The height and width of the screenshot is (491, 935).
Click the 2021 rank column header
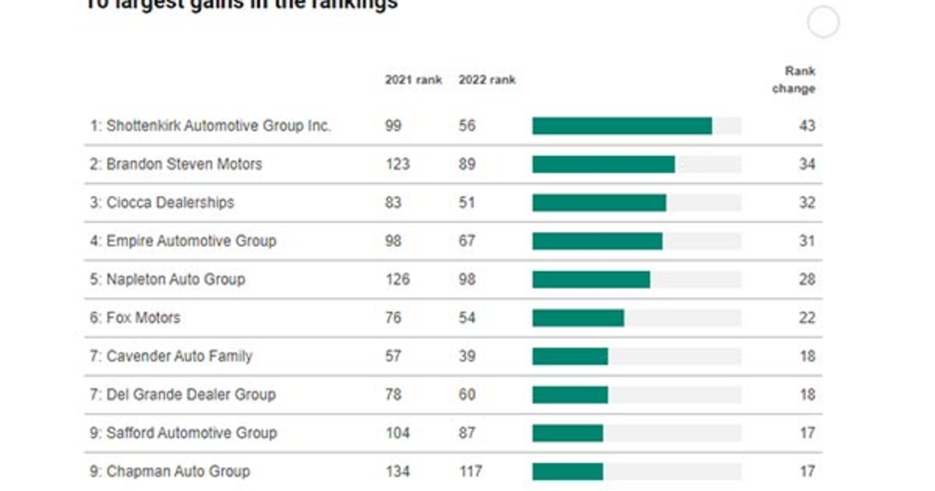tap(413, 79)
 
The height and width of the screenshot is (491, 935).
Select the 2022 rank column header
tap(487, 79)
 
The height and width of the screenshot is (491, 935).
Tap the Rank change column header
tap(794, 79)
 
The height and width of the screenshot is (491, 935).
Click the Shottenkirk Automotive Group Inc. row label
tap(210, 125)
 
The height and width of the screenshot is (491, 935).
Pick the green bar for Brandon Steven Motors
tap(603, 164)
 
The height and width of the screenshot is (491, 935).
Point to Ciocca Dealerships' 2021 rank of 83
tap(393, 203)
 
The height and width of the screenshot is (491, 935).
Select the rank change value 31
tap(806, 241)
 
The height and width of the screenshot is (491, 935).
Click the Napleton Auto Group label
tap(168, 279)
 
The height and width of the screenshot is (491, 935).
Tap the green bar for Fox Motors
tap(578, 318)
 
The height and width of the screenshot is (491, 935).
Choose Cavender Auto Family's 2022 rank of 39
tap(467, 356)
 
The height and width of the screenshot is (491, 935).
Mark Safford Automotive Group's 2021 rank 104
tap(397, 433)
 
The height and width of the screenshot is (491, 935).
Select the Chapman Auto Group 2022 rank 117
tap(470, 472)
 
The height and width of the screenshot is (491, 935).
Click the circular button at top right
tap(823, 22)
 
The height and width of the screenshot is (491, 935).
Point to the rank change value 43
tap(806, 125)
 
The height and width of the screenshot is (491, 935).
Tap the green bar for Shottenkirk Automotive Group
tap(622, 126)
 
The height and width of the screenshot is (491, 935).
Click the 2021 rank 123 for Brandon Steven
tap(397, 164)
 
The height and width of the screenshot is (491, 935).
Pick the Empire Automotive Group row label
tap(182, 241)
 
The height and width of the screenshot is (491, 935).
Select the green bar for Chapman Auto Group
tap(567, 472)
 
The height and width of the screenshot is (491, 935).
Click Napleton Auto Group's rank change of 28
tap(806, 279)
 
